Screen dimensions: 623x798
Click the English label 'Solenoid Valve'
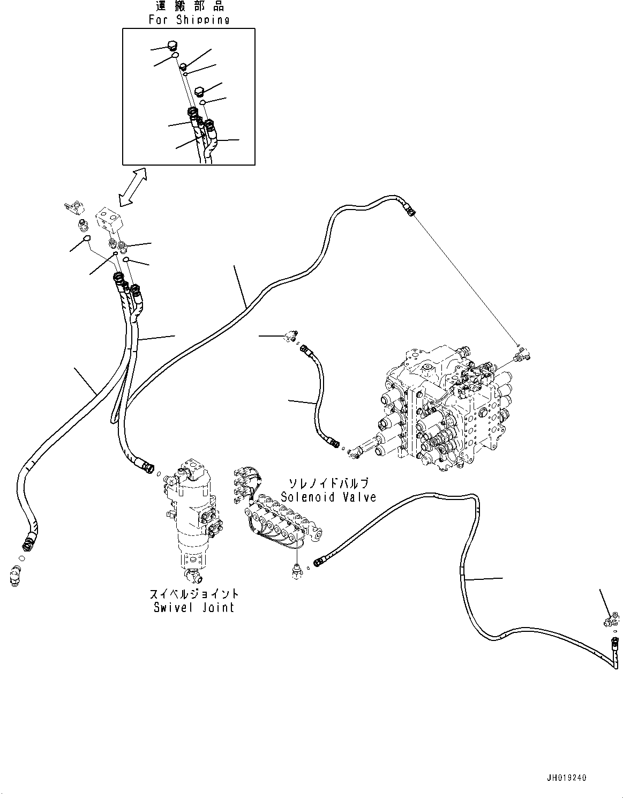click(x=328, y=497)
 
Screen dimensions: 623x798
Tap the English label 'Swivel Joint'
click(x=194, y=607)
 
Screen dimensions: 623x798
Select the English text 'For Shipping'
click(x=189, y=19)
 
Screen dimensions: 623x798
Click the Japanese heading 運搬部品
click(x=190, y=6)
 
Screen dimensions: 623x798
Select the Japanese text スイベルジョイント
click(x=194, y=594)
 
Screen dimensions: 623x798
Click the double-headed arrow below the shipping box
click(x=132, y=187)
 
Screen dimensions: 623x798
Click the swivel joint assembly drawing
click(x=192, y=521)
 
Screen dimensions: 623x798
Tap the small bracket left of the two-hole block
click(x=74, y=207)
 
